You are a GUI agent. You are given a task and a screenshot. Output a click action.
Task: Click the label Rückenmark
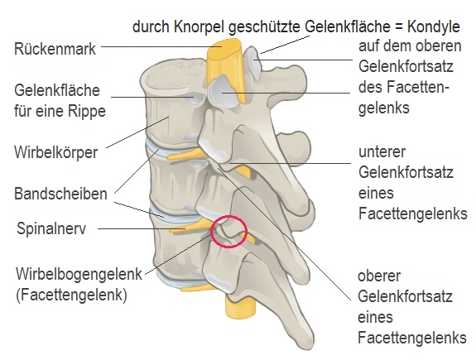point(55,49)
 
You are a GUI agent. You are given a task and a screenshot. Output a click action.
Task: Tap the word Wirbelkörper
point(56,152)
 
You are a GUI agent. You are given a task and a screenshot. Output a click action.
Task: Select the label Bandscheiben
point(60,194)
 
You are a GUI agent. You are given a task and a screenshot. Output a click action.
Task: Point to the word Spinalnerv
point(51,228)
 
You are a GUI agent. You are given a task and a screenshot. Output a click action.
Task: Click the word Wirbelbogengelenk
point(79,274)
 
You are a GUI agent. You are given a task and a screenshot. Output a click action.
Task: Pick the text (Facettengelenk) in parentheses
point(71,295)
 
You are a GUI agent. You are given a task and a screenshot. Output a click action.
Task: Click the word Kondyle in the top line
point(434,26)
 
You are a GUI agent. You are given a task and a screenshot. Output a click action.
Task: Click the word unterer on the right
point(382,151)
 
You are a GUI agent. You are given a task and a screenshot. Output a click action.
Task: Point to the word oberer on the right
point(379,276)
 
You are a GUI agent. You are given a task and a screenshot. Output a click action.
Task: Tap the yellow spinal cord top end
point(224,48)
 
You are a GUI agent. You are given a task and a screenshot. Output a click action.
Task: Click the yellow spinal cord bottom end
point(240,313)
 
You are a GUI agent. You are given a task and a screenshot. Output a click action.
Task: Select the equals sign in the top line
point(398,27)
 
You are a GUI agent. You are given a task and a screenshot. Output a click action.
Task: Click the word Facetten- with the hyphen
point(404,87)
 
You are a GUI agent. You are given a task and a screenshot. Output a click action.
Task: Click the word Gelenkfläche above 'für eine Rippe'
point(57,90)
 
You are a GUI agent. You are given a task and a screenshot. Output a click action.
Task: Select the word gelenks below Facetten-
point(384,108)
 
